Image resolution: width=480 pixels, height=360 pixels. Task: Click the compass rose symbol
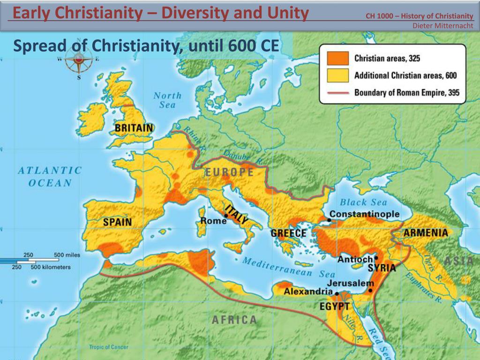[79, 60]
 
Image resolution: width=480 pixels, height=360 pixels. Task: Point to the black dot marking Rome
[226, 216]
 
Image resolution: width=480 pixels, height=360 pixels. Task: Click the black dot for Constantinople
[329, 220]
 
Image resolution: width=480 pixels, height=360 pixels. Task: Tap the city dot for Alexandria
[337, 294]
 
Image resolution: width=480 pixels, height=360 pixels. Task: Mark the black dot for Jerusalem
[370, 291]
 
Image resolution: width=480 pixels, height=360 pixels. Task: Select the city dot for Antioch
[376, 258]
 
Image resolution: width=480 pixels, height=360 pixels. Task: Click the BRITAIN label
[134, 128]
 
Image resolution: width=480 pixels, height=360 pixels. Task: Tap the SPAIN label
[117, 222]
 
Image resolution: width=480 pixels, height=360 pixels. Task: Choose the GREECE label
[288, 233]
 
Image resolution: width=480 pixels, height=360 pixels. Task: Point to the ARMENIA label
[426, 233]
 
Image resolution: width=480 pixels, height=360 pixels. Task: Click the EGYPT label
[334, 307]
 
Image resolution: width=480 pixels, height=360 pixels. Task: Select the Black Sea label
[363, 202]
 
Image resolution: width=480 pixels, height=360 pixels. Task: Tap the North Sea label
[167, 100]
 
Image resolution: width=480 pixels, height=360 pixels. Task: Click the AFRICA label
[234, 320]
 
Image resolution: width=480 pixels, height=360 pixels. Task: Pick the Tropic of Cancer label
[108, 347]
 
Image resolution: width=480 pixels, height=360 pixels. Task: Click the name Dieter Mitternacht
[442, 26]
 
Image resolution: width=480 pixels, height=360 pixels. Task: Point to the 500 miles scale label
[67, 255]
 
